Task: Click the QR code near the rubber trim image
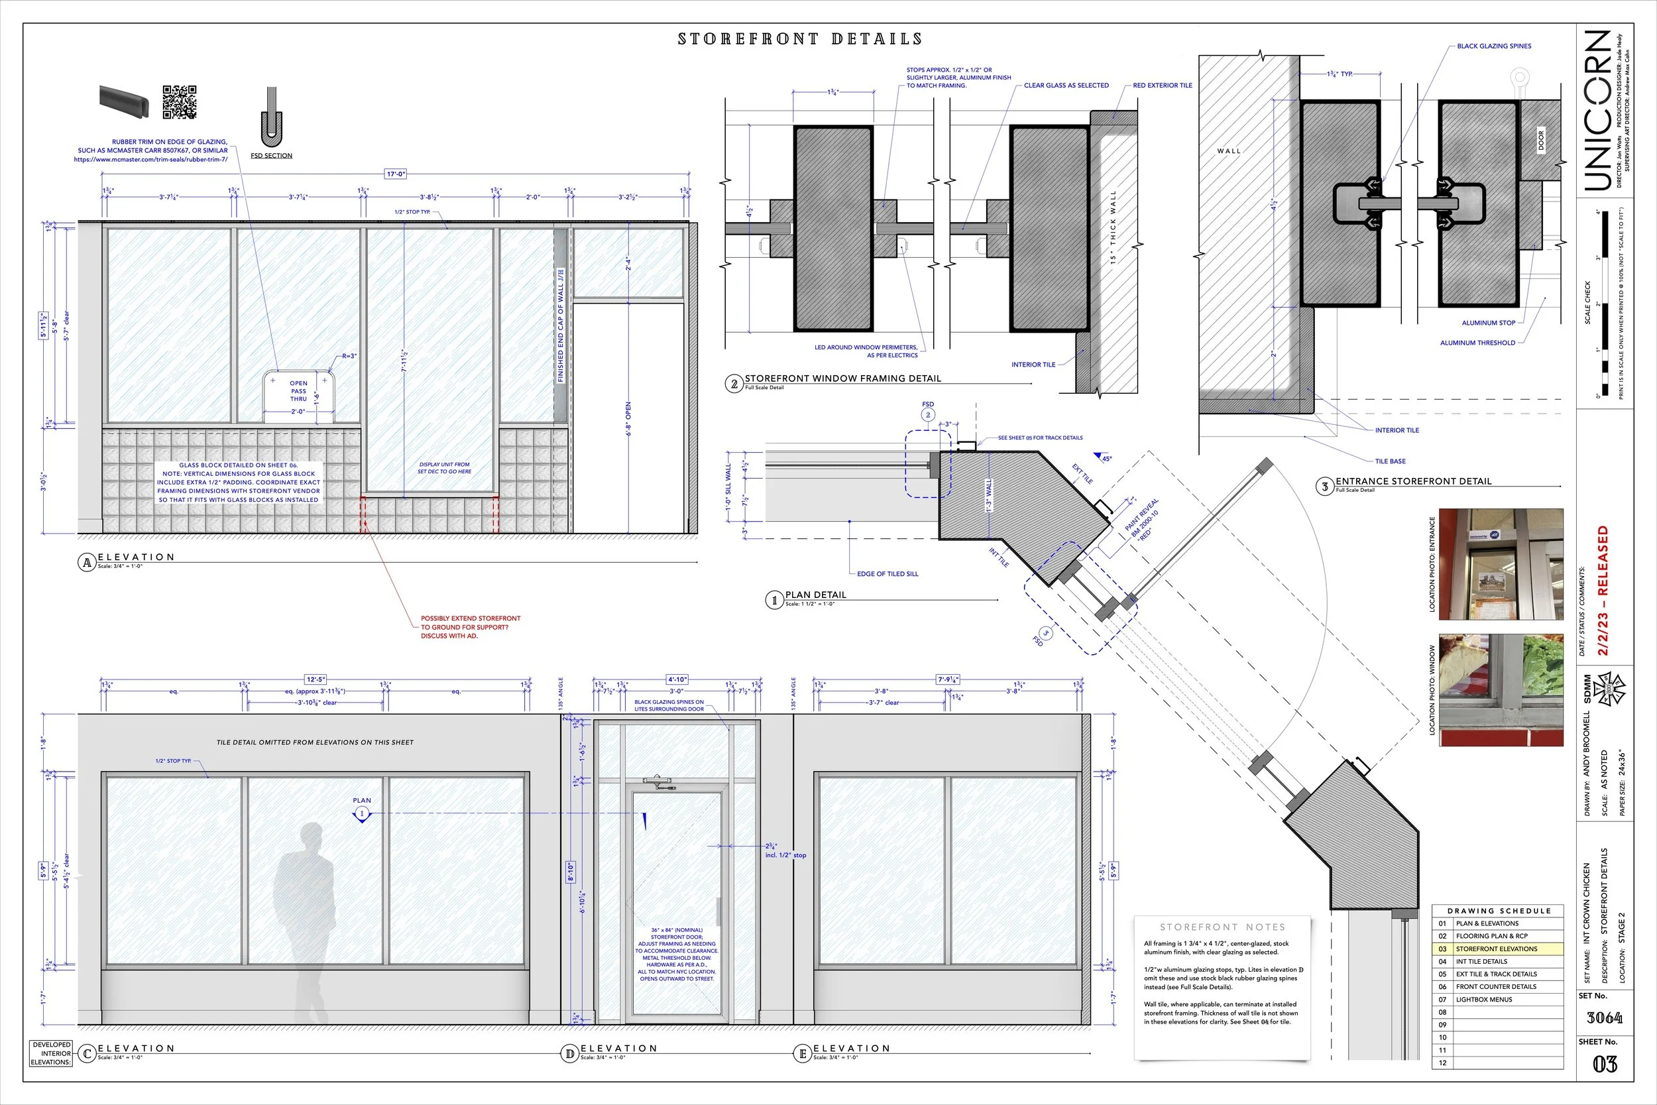tap(180, 101)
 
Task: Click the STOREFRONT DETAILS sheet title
tap(799, 38)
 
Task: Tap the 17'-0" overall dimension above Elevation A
tap(395, 174)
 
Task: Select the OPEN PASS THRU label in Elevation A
tap(299, 391)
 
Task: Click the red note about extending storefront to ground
tap(470, 626)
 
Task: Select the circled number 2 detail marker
tap(734, 384)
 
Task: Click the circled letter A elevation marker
tap(87, 562)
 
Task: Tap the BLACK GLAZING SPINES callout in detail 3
tap(1493, 46)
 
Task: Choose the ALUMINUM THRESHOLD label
tap(1477, 343)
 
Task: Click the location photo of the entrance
tap(1501, 564)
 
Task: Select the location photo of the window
tap(1501, 690)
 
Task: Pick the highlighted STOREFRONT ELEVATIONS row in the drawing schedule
tap(1497, 949)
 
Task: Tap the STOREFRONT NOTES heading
tap(1222, 927)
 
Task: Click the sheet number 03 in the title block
tap(1604, 1064)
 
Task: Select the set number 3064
tap(1604, 1018)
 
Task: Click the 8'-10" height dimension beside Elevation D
tap(571, 872)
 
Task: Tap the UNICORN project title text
tap(1597, 111)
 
